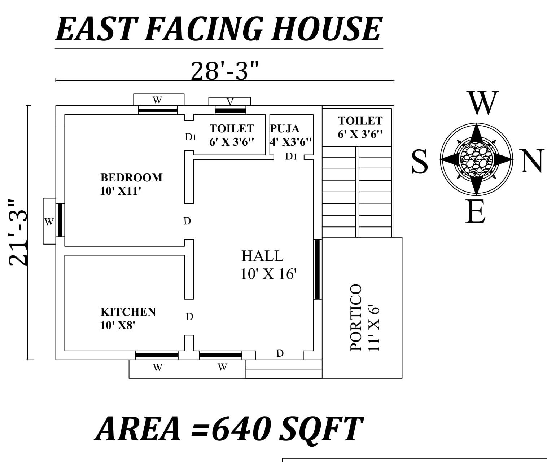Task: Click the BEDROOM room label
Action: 131,177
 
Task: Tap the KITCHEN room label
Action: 128,312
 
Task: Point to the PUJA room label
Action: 285,129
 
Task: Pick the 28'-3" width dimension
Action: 224,71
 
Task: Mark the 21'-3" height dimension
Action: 18,233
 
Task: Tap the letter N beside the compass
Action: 531,161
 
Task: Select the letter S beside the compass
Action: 420,162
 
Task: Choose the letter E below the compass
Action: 475,212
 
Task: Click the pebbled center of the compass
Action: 476,159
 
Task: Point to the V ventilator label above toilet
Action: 230,102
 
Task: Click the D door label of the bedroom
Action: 187,221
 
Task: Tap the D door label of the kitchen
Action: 189,317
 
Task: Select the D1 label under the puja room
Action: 291,157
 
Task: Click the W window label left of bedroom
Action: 49,222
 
